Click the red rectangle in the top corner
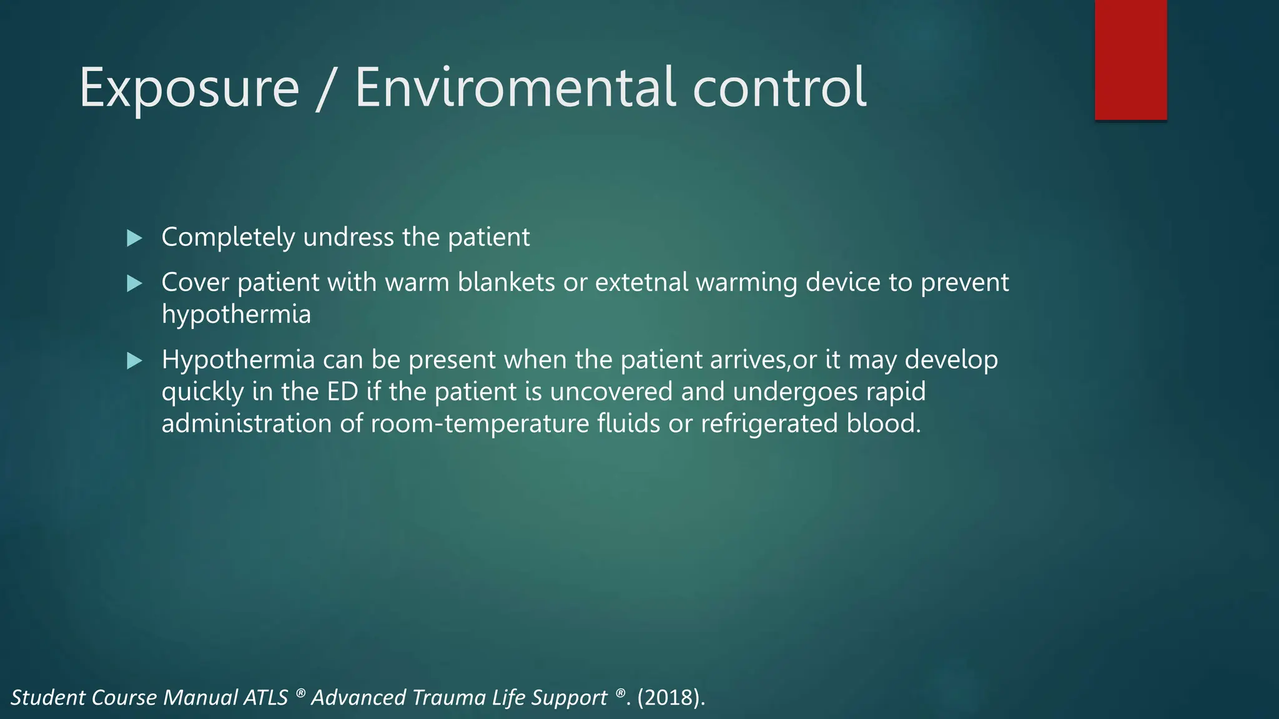pos(1130,60)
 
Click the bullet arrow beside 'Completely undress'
pos(134,238)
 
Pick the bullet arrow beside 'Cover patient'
pos(134,283)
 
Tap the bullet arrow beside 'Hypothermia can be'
pos(134,360)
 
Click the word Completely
pos(228,238)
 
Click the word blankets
pos(506,283)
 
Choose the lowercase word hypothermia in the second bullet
pos(236,315)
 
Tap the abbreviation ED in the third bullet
pos(342,392)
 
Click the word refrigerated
pos(769,424)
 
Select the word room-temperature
pos(480,424)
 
